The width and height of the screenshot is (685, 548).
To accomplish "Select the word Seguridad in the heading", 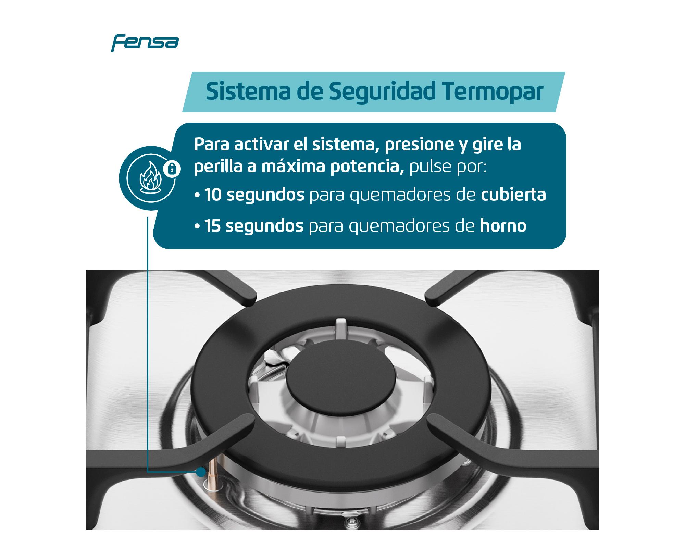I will click(380, 92).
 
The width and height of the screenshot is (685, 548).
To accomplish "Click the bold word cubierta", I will click(513, 195).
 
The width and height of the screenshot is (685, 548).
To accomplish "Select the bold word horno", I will click(503, 226).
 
